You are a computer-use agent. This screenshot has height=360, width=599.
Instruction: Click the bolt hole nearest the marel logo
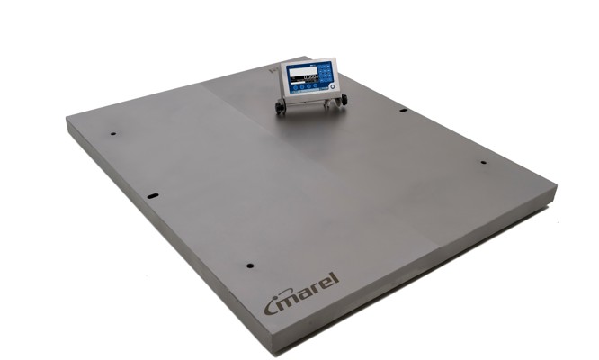tap(249, 266)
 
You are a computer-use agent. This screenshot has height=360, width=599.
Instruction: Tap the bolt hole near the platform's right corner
tap(483, 163)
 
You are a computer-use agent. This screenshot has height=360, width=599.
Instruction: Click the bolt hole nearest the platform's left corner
tap(113, 135)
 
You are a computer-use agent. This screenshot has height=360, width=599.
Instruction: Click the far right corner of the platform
tap(555, 188)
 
